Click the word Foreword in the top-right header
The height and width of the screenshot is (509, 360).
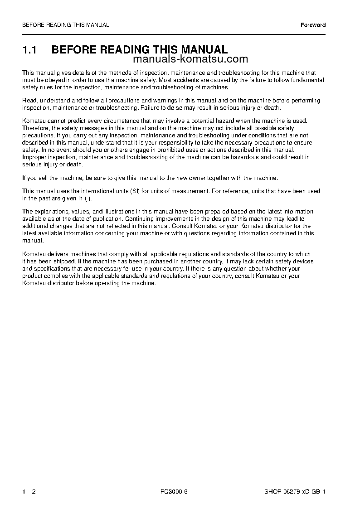pos(313,25)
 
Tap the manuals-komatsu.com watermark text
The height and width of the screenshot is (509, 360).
pos(191,59)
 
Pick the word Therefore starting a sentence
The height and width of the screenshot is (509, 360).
pos(36,128)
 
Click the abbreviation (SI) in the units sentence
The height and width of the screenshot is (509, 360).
pos(135,191)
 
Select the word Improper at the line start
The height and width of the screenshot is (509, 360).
pos(34,157)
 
